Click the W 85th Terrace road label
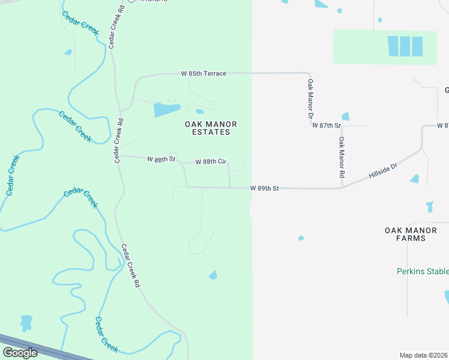point(203,74)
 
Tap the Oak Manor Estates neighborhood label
point(211,128)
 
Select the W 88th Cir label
point(211,162)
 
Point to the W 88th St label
point(161,159)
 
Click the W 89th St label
point(265,188)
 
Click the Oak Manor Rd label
point(342,157)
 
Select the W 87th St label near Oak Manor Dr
point(326,125)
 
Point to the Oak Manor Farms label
point(413,234)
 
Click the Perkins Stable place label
point(423,271)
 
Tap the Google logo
point(20,353)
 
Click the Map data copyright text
point(424,355)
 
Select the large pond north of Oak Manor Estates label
point(166,110)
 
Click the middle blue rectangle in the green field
point(405,46)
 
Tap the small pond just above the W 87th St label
point(345,116)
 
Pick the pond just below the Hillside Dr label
point(415,179)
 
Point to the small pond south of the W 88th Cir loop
point(212,275)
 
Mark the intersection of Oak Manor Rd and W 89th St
point(342,188)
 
